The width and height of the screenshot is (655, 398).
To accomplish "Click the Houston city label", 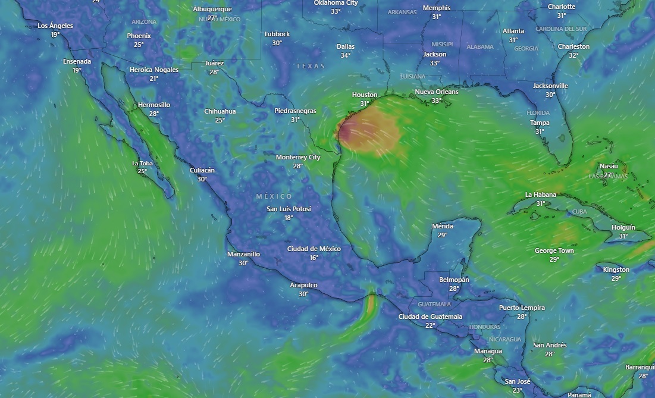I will coord(364,95).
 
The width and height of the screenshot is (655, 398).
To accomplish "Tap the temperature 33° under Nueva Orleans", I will coord(436,101).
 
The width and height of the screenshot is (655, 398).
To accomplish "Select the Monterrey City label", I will coord(298,157).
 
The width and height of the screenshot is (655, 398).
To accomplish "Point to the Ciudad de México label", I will coord(314,249).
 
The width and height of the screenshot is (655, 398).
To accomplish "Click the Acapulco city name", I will coord(303,285).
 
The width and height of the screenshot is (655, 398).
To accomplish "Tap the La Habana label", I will coord(540,195).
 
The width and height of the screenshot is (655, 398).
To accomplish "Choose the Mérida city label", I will coord(442,226).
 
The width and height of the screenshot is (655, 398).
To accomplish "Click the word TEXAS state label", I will coord(311,66).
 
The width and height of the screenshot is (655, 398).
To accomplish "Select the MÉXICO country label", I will coord(274,196).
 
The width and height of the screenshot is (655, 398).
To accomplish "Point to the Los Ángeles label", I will coord(55,26).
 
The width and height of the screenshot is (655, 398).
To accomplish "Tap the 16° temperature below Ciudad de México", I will coord(314,258).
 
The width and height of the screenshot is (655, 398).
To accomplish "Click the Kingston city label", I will coord(616,269).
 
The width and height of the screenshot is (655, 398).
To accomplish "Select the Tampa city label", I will coord(540,123).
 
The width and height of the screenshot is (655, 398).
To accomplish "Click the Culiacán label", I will coord(202,170).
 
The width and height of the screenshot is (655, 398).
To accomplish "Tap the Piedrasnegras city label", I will coord(295,111).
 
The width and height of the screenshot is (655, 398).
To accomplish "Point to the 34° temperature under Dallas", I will coord(345,55).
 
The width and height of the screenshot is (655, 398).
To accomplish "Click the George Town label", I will coord(554,250).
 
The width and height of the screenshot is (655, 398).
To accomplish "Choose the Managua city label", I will coord(488,351).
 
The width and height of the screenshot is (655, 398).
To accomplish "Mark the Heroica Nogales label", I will coord(154,70).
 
